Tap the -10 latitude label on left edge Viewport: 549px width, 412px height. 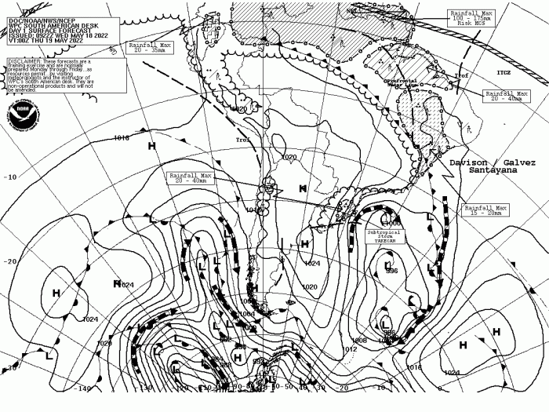click(x=10, y=177)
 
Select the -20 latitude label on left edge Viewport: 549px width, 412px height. click(x=10, y=261)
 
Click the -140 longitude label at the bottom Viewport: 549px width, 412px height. click(x=82, y=388)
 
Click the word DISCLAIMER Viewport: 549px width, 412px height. click(x=25, y=60)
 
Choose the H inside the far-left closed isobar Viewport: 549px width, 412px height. click(x=56, y=293)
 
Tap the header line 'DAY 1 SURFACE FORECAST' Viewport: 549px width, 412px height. click(x=37, y=18)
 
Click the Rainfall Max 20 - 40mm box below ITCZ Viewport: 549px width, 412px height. click(x=504, y=96)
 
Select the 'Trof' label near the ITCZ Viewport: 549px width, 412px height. click(x=461, y=76)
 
